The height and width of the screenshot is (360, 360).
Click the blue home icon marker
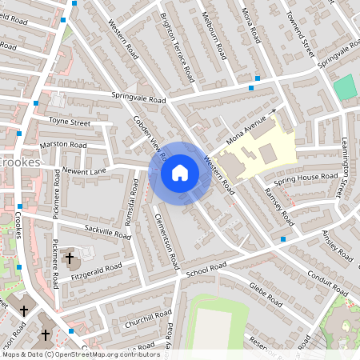(180, 173)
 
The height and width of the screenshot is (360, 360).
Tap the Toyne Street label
(70, 122)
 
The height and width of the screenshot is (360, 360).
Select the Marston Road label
(63, 145)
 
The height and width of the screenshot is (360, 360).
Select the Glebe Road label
(265, 295)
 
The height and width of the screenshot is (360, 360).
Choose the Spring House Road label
(307, 176)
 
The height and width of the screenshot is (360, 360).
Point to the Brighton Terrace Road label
(178, 47)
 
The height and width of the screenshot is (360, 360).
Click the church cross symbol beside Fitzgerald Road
(70, 258)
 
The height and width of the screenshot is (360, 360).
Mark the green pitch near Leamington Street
(344, 87)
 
